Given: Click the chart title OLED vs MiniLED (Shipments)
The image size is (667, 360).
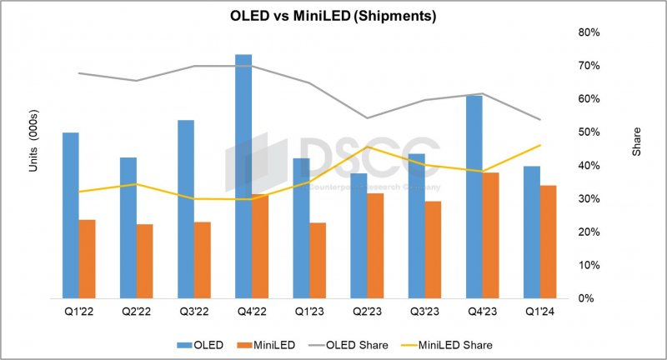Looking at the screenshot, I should point(333,15).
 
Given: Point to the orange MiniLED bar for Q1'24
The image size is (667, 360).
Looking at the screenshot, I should point(549,242).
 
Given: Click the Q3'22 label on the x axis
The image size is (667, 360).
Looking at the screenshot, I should point(194,312).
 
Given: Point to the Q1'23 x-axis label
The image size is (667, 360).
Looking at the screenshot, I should point(309,312).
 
